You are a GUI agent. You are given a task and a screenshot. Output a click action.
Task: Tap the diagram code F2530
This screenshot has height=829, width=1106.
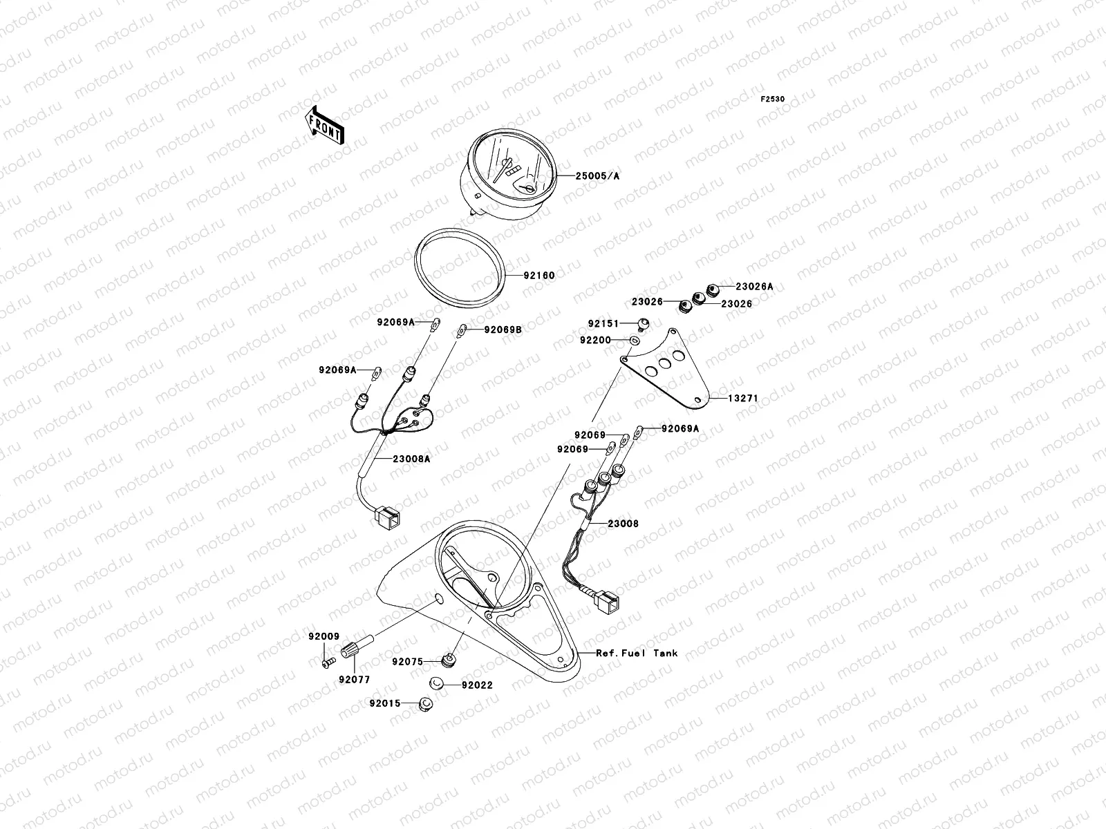[x=773, y=99]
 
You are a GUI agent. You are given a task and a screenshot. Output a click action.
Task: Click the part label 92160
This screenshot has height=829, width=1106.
[x=538, y=276]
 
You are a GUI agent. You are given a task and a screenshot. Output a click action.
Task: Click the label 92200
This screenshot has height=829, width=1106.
[x=595, y=341]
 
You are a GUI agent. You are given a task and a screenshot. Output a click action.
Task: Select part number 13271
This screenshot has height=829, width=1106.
[x=743, y=399]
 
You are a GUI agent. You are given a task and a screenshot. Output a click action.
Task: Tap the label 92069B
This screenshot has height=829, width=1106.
[x=503, y=330]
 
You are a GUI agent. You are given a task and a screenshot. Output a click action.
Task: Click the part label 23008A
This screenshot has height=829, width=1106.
[x=411, y=458]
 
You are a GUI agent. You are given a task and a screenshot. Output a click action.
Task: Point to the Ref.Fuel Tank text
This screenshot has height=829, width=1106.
[x=637, y=653]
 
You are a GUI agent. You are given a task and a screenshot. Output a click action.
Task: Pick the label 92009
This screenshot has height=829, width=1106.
[x=320, y=636]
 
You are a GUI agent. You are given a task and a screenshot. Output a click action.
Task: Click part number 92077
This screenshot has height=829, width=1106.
[x=354, y=680]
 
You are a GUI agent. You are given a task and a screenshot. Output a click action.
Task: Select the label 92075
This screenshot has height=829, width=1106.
[x=407, y=661]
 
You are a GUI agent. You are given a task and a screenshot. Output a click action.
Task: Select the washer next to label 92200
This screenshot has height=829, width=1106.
[x=634, y=340]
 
